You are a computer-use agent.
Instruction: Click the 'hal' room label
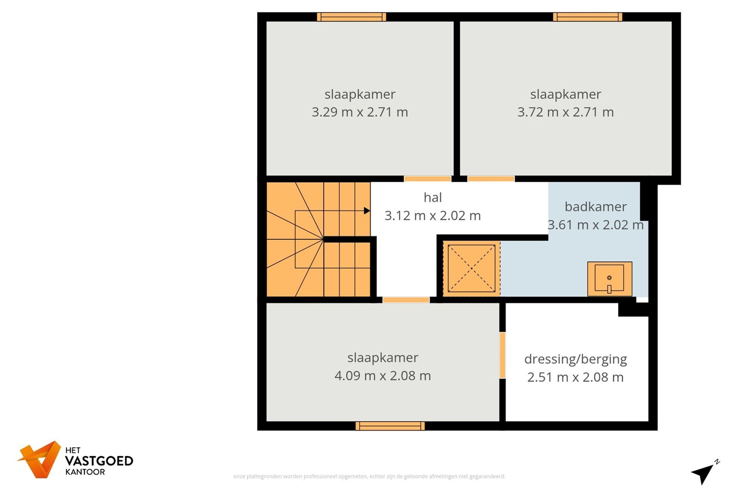tap(433, 198)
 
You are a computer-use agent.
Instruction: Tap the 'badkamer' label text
tap(595, 207)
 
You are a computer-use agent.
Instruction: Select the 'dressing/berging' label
tap(575, 359)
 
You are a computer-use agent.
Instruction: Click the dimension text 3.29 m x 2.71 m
tap(360, 112)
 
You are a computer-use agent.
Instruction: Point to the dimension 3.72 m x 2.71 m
tap(565, 112)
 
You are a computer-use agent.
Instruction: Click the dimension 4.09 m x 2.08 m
tap(382, 376)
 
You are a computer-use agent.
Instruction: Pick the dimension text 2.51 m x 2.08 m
tap(575, 377)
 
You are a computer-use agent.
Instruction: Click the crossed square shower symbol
tap(471, 269)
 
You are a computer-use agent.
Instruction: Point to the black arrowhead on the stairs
tap(367, 211)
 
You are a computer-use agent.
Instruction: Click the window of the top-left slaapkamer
tap(351, 17)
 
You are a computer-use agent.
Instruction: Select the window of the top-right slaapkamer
tap(588, 17)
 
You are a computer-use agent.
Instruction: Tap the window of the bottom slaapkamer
tap(390, 426)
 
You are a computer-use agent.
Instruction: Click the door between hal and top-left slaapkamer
tap(427, 179)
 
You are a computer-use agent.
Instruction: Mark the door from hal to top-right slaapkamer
tap(491, 179)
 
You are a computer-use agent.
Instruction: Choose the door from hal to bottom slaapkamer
tap(406, 300)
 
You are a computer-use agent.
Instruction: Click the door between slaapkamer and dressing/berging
tap(503, 355)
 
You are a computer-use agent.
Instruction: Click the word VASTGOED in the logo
tap(99, 461)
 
